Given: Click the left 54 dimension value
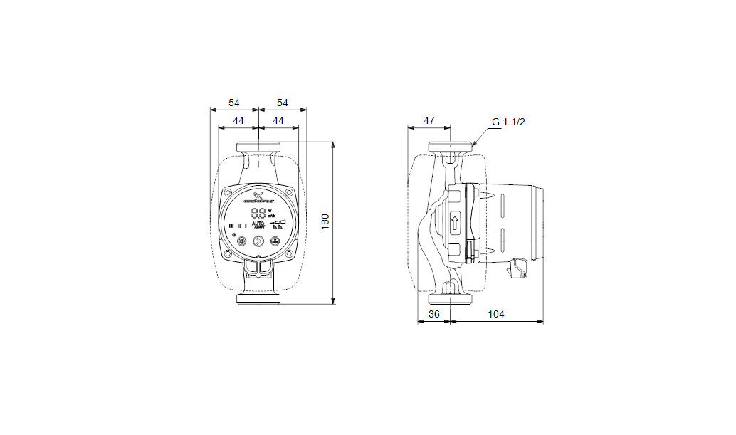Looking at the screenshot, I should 234,103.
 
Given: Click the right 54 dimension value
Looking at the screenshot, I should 282,103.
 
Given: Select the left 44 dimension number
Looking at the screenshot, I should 238,121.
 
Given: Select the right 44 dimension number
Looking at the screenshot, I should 278,121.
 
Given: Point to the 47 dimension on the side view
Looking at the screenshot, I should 429,121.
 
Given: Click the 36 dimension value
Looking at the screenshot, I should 433,314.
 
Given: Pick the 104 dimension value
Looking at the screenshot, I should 496,314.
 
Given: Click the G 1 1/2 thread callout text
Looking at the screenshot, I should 508,122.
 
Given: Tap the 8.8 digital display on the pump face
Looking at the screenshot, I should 258,213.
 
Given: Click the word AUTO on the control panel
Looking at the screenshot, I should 259,224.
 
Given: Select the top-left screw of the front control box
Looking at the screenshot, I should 227,194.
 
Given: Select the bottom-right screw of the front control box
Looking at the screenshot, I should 290,253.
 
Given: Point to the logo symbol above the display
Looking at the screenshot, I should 258,194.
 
